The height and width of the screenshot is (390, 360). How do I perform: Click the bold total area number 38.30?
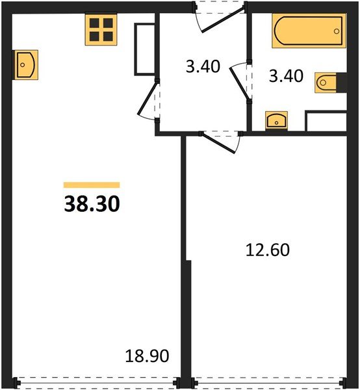pos(92,203)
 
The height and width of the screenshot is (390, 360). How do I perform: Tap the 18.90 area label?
pos(147,356)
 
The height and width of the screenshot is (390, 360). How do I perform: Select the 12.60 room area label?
pos(268,250)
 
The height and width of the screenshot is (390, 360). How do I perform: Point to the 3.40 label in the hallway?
pos(203,66)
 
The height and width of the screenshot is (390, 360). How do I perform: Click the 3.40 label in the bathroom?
pos(286,76)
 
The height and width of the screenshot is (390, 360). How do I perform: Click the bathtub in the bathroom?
pos(309,31)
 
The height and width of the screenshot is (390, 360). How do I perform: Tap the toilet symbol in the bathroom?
pos(326,83)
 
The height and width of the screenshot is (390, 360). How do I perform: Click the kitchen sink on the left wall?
pos(26,64)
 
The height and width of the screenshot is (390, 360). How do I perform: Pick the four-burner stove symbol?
pos(101,30)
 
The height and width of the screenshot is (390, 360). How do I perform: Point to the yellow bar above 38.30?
pos(92,185)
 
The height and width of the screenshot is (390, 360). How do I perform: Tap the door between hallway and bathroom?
pos(240,83)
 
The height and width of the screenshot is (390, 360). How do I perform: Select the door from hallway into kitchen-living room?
pos(149,100)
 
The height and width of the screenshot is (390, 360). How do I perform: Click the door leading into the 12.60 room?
pos(220,142)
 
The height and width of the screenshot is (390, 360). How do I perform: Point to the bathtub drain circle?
pos(337,31)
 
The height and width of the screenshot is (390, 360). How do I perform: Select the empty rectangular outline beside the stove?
pos(145,49)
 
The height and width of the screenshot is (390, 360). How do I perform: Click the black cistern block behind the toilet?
pos(342,83)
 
